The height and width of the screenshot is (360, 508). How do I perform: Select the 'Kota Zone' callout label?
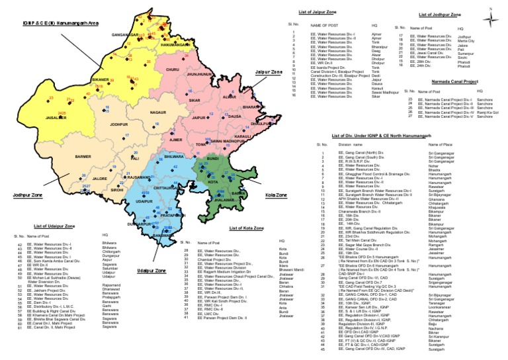277,197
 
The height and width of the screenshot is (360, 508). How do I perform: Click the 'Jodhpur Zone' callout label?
27,196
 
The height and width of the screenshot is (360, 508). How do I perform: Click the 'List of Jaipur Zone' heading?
316,12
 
